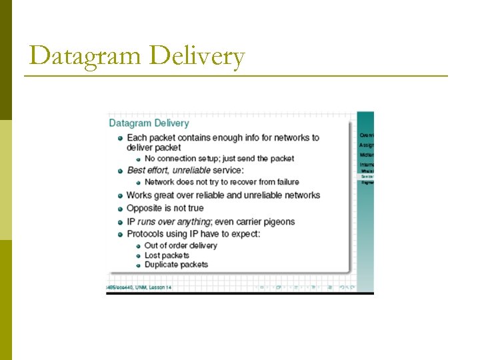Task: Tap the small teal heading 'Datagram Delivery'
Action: [x=149, y=123]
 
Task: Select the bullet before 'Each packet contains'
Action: [x=120, y=138]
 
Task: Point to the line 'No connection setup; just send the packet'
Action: [x=219, y=159]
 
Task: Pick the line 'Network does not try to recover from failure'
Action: [x=221, y=181]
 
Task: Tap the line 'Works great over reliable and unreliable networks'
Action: [x=223, y=195]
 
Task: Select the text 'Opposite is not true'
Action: [x=165, y=208]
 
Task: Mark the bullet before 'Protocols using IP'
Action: [x=120, y=234]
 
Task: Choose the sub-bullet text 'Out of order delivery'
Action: [x=181, y=245]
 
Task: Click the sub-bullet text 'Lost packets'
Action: [x=167, y=255]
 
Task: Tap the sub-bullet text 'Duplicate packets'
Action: [x=176, y=265]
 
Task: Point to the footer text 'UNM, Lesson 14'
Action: [x=151, y=287]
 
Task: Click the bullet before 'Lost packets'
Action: [x=138, y=255]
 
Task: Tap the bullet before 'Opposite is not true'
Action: [x=120, y=208]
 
